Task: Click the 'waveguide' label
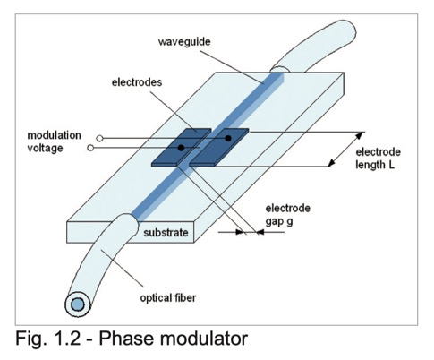click(x=184, y=41)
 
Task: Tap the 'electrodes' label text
click(x=137, y=82)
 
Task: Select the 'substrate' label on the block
click(x=166, y=233)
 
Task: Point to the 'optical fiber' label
click(x=168, y=297)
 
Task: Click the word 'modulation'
click(x=54, y=135)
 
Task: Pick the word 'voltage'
click(x=45, y=148)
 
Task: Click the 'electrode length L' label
click(x=378, y=159)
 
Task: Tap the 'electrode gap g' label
click(x=288, y=214)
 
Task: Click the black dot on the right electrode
click(x=228, y=138)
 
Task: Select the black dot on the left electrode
click(x=181, y=148)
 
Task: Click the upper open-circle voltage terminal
click(x=99, y=138)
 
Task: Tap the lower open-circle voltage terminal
click(x=90, y=148)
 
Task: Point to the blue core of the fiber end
click(x=77, y=304)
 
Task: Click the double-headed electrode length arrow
click(x=346, y=149)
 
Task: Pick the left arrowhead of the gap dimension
click(x=240, y=232)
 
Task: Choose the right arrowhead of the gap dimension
click(x=260, y=232)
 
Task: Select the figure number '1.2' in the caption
click(x=67, y=339)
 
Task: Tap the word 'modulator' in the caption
click(x=204, y=339)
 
